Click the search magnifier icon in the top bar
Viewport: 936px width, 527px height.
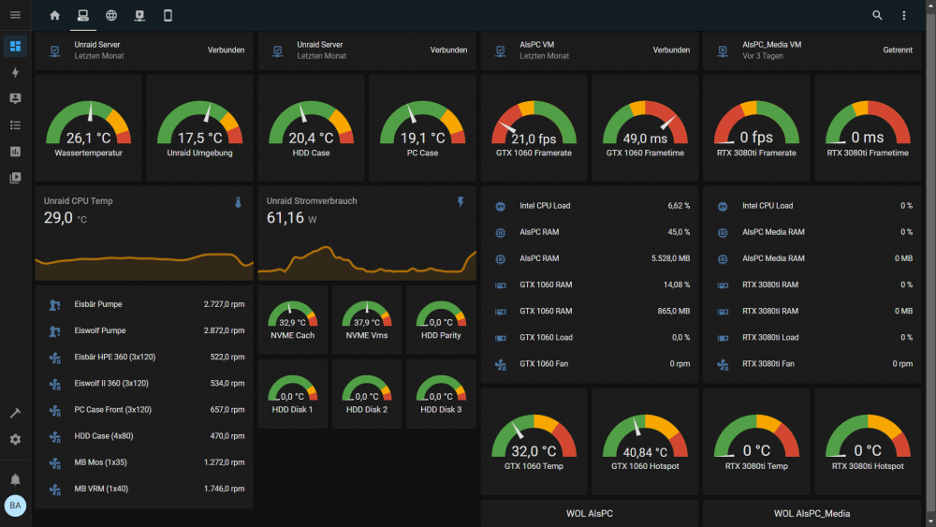(877, 16)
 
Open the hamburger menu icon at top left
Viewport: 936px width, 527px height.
(16, 15)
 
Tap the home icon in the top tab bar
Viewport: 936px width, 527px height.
(55, 16)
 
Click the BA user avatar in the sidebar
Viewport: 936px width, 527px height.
(16, 505)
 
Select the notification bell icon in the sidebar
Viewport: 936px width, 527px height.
(16, 479)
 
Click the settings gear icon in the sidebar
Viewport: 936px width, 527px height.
(16, 439)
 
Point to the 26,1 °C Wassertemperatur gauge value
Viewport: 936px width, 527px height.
(88, 139)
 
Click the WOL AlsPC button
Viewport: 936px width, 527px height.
(589, 513)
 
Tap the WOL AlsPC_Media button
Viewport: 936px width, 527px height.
(812, 513)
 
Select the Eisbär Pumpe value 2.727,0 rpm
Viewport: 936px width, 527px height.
(224, 304)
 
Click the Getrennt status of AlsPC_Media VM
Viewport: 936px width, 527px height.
(898, 51)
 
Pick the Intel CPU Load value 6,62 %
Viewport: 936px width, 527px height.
(679, 206)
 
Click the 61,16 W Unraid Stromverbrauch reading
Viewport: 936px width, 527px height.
(291, 218)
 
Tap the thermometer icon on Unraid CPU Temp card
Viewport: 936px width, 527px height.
(238, 202)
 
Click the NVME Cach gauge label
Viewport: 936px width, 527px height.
(292, 335)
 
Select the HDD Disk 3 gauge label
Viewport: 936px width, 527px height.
(441, 409)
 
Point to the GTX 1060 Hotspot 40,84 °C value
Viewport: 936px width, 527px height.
(645, 452)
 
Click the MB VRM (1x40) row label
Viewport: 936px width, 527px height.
(101, 489)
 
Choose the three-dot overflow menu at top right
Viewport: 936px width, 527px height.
(904, 16)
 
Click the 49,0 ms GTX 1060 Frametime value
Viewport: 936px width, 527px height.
(645, 139)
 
